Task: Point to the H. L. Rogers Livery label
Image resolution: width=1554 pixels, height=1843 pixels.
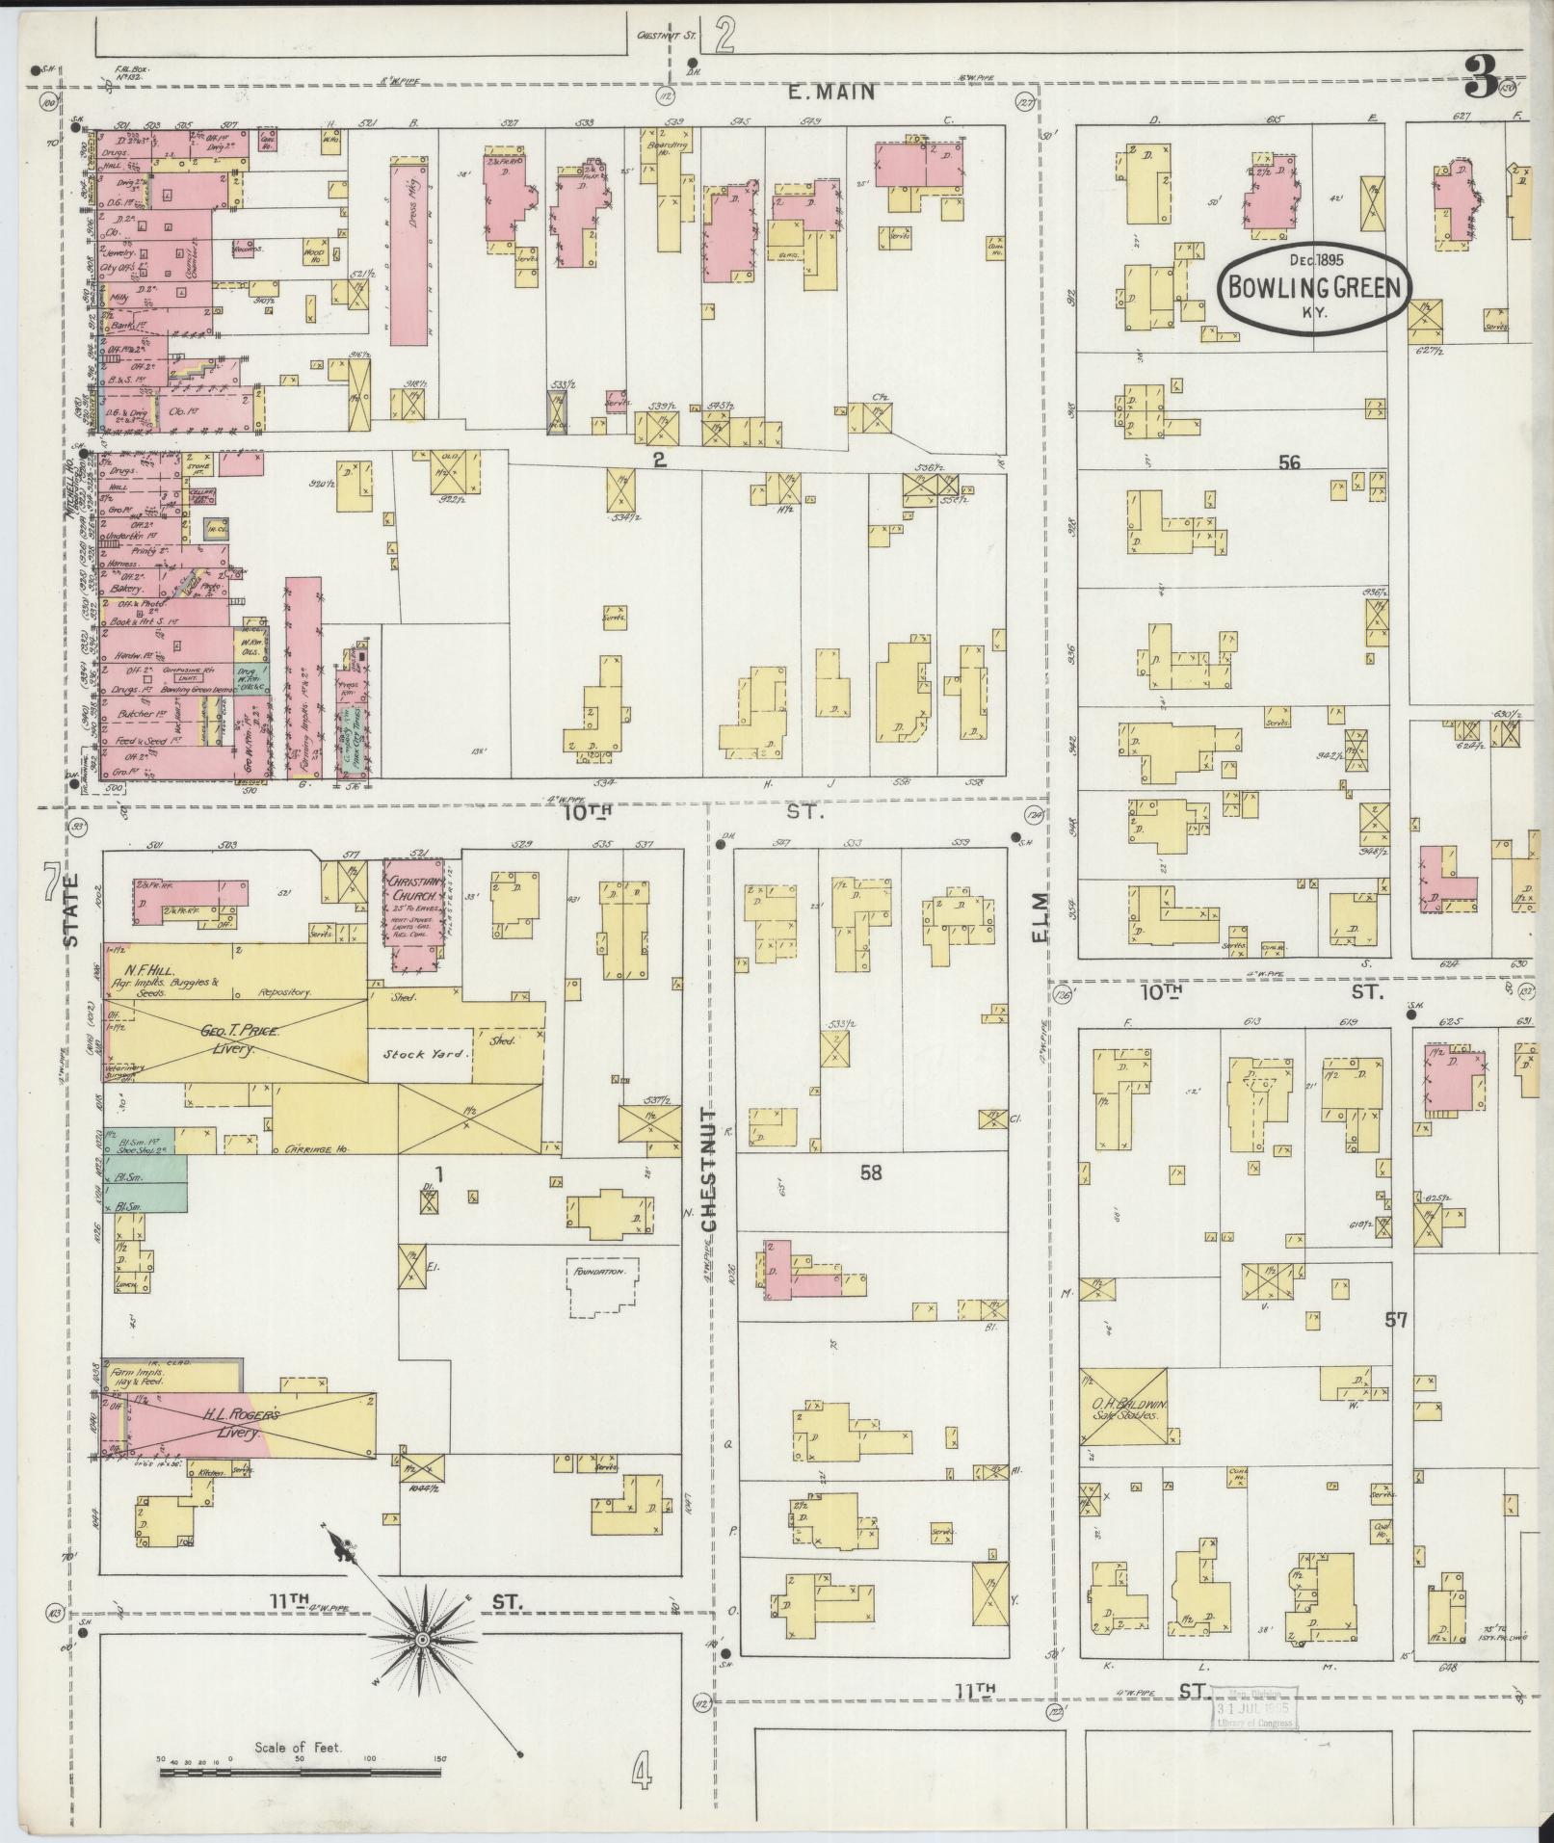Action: [243, 1424]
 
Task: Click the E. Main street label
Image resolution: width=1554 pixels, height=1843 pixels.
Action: [830, 92]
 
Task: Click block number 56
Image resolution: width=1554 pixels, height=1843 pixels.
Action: [1289, 463]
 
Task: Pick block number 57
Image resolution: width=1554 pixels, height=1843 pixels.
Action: [1396, 1320]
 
